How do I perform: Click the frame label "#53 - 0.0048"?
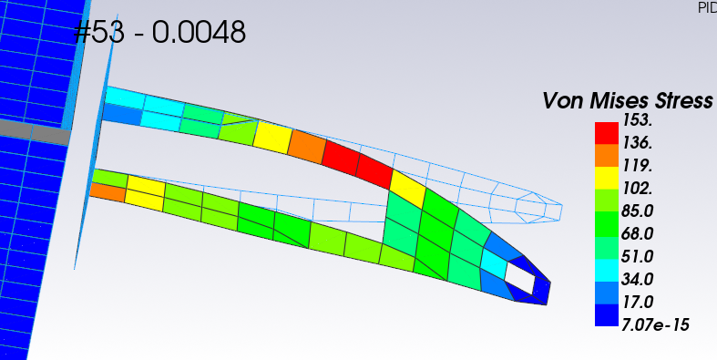coord(159,33)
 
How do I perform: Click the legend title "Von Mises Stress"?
coord(628,100)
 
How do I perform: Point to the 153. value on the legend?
coord(637,119)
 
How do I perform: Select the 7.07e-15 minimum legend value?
coord(655,324)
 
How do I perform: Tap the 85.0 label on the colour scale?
coord(637,211)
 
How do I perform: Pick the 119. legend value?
coord(637,165)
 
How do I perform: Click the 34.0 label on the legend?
coord(637,279)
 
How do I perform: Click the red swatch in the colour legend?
coord(607,133)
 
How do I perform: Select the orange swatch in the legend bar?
coord(607,156)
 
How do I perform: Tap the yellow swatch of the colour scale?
coord(607,178)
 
